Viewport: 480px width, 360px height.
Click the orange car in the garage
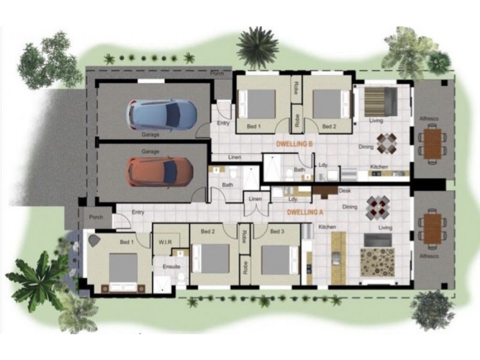(x=159, y=171)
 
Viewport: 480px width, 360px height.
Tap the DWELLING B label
(x=295, y=144)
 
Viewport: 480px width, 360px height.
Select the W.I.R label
(x=165, y=242)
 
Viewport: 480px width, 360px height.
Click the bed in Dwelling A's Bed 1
(x=122, y=270)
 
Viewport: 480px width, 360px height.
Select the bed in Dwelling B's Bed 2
(x=331, y=103)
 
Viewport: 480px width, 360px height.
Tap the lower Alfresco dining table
(x=432, y=228)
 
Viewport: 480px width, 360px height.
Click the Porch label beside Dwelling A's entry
(x=95, y=217)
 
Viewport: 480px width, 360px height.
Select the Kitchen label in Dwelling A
(x=327, y=227)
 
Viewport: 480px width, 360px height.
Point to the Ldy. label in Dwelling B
(x=323, y=164)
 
